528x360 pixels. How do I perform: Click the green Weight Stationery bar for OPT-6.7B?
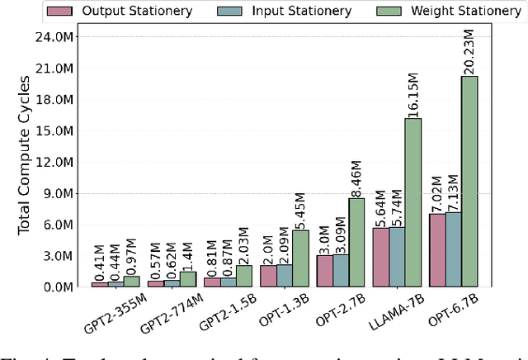click(469, 182)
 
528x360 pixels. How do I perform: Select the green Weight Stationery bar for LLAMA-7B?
click(412, 203)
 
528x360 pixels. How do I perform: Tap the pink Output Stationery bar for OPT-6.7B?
click(438, 250)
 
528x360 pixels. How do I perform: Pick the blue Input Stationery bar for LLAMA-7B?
click(397, 257)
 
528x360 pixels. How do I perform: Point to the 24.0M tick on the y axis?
click(67, 37)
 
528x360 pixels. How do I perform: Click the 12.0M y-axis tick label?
click(67, 162)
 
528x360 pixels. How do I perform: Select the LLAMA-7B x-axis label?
click(394, 310)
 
